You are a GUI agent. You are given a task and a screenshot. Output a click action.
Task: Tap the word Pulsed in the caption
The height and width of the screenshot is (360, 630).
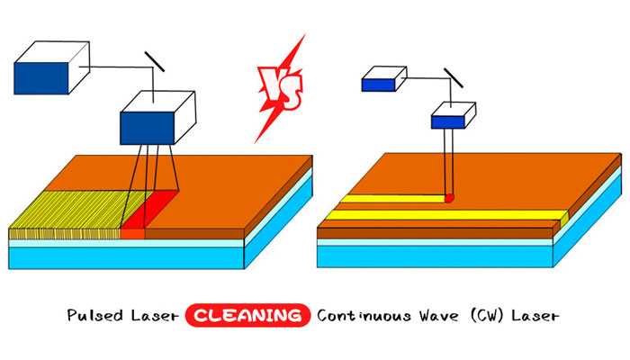pos(94,317)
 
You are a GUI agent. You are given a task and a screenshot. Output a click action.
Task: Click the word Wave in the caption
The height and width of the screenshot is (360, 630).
pos(437,317)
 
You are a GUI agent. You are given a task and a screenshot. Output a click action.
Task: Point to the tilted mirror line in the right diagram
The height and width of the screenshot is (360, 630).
pos(453,79)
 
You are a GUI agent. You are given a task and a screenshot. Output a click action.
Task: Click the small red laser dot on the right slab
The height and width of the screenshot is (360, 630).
pos(449,196)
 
